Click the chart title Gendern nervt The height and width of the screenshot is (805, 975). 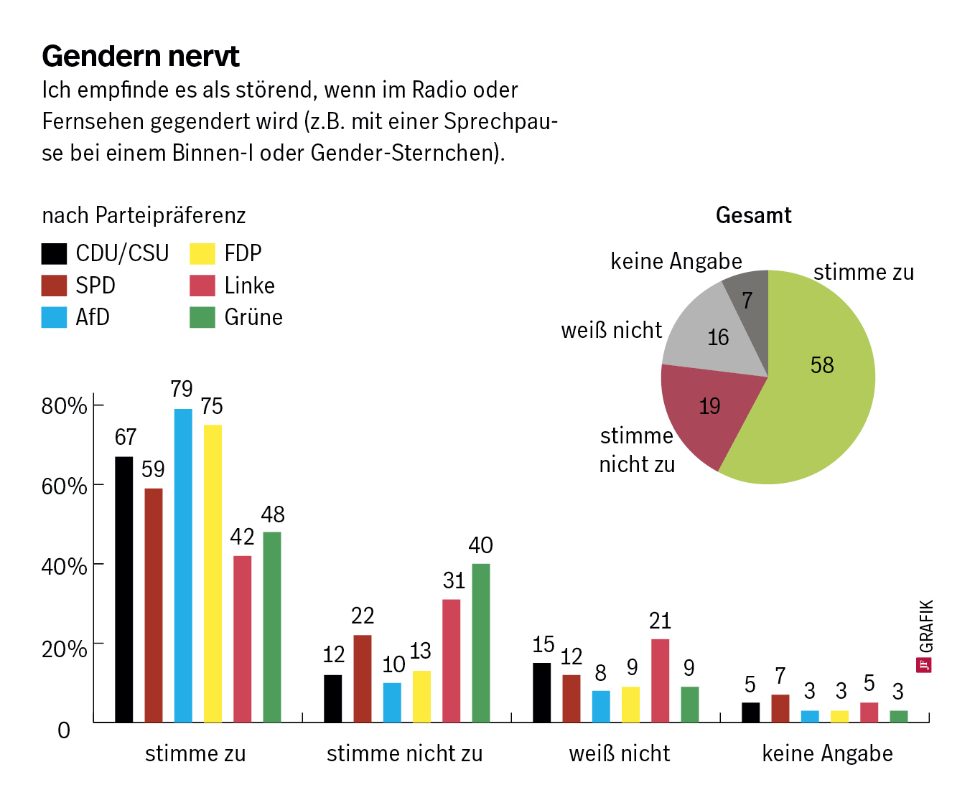click(141, 56)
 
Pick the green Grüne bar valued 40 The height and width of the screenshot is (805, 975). click(480, 642)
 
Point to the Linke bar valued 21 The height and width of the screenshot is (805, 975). click(660, 679)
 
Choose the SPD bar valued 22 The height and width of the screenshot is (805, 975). click(362, 678)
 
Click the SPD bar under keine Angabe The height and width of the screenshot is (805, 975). click(780, 708)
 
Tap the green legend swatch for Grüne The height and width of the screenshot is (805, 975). click(202, 317)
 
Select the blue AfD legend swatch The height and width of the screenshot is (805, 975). click(54, 317)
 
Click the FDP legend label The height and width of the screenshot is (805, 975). click(243, 253)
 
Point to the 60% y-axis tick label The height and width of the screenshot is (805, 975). click(64, 486)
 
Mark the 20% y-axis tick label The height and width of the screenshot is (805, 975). click(64, 649)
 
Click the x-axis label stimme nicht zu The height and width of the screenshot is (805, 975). click(404, 753)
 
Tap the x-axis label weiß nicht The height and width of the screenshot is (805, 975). click(619, 753)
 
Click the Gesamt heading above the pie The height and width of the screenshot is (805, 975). click(753, 215)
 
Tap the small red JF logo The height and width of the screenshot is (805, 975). click(925, 664)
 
